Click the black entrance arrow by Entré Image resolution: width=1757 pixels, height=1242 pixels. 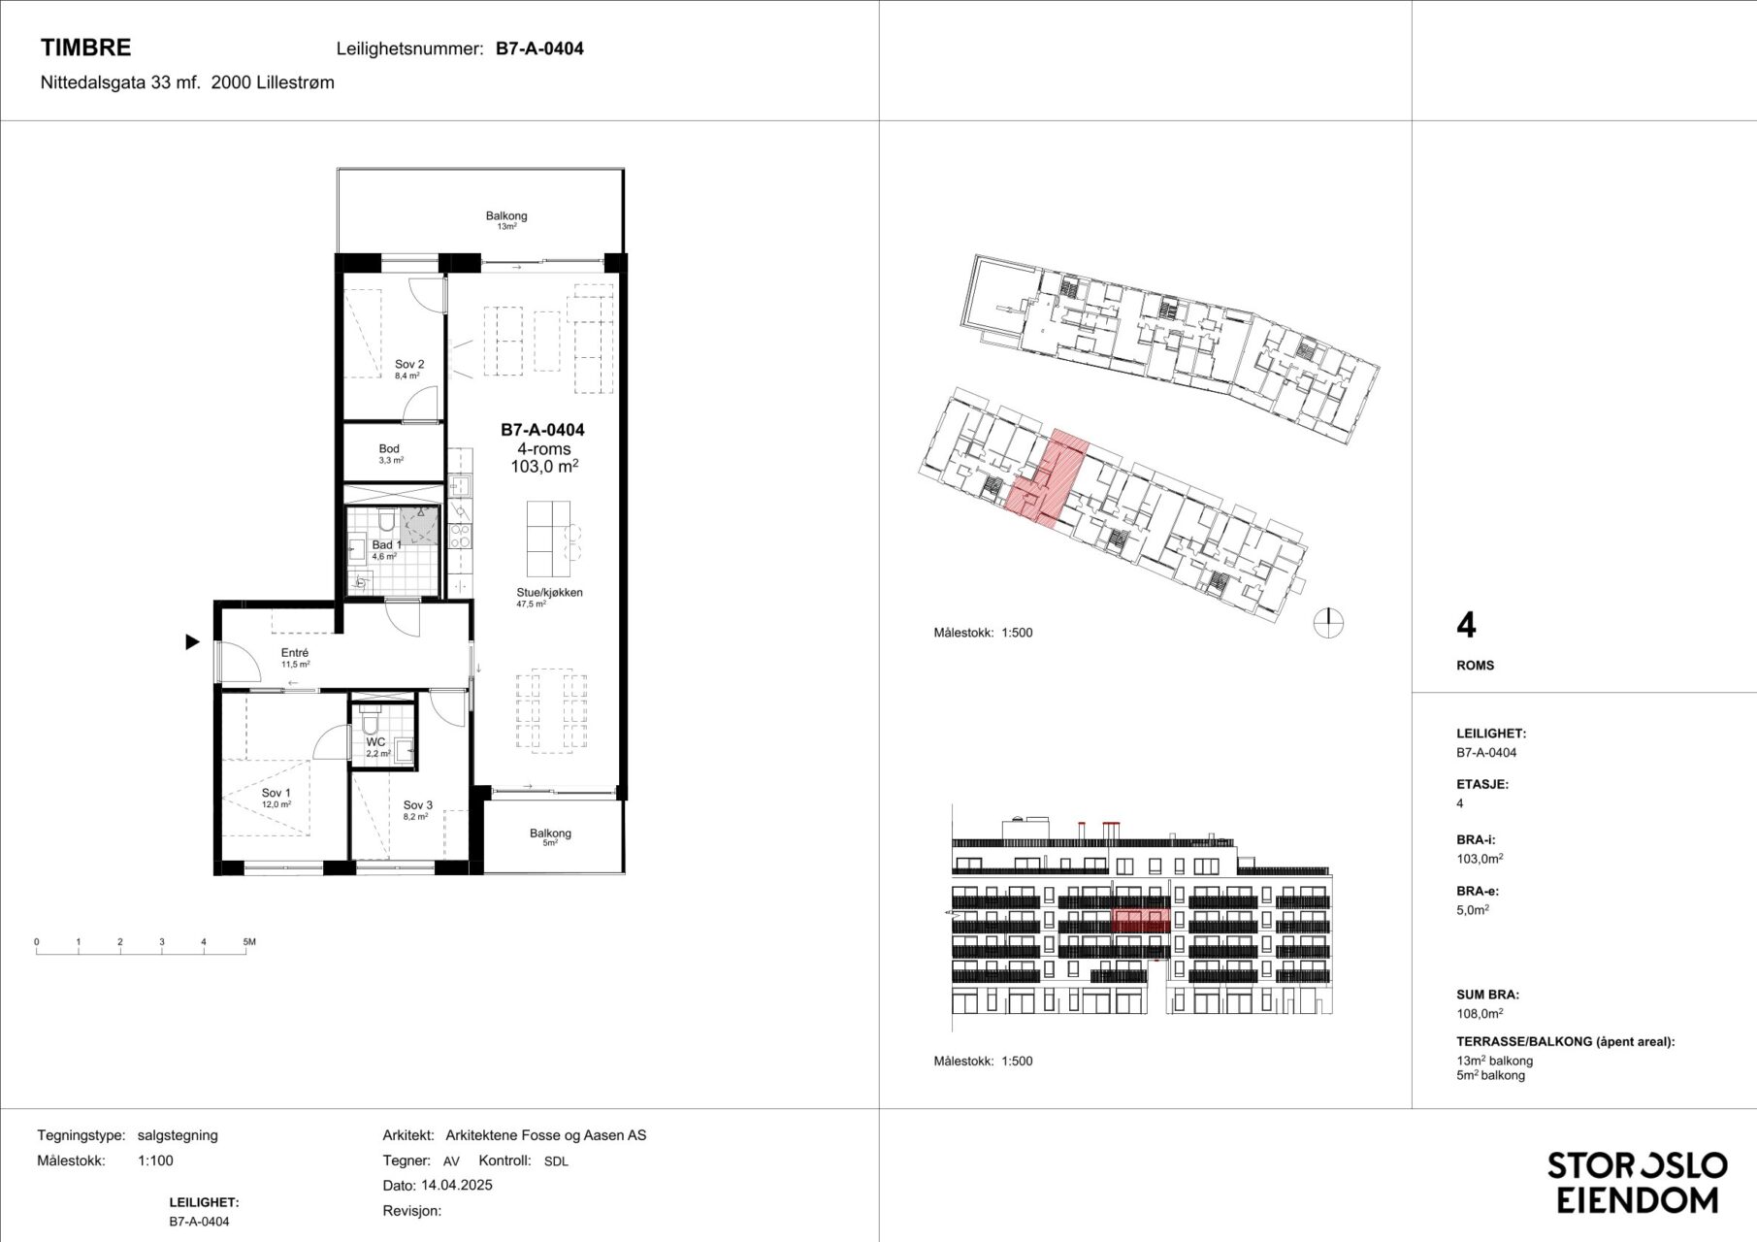tap(193, 641)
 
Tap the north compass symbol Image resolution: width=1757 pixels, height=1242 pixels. tap(1328, 622)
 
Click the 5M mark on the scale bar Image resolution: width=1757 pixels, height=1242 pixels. tap(249, 942)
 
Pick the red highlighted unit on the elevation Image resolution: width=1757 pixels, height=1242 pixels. tap(1140, 920)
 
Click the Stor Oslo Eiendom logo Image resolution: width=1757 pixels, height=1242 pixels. tap(1638, 1182)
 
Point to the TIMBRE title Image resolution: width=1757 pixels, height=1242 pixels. tap(85, 48)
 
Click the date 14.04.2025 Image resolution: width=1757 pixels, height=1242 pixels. tap(457, 1185)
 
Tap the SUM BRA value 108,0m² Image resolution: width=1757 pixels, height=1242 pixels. tap(1480, 1013)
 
